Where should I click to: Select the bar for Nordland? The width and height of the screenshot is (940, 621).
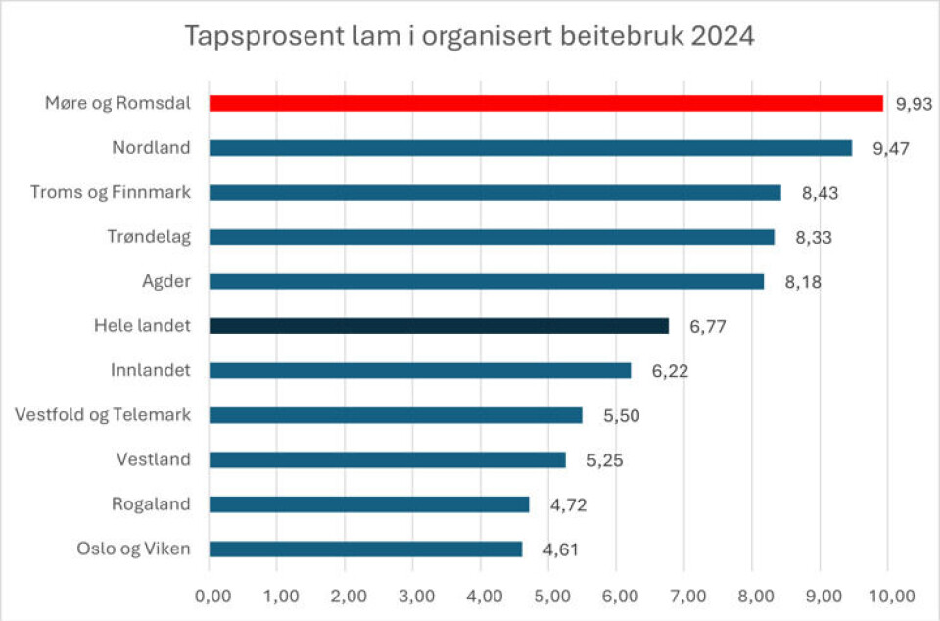point(530,148)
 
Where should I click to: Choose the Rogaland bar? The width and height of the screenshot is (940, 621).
point(369,504)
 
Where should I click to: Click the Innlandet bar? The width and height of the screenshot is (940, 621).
point(420,370)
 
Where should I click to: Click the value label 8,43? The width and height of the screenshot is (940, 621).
point(821,193)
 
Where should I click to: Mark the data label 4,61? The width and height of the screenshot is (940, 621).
point(562,549)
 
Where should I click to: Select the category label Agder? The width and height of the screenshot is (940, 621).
point(166,281)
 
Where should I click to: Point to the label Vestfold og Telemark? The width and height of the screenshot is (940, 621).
point(103,415)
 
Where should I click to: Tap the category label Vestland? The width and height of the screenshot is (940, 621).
point(154,459)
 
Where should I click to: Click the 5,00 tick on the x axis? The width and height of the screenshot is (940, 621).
point(548,596)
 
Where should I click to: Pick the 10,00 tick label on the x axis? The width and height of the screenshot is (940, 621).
point(890,596)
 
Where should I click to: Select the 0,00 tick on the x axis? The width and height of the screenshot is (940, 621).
point(211,596)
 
